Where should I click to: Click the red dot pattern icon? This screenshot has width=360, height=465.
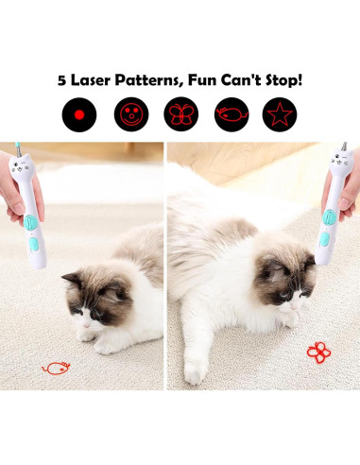pos(79,115)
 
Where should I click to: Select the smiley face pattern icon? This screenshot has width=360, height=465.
pos(131,115)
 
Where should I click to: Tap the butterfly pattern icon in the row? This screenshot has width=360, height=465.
pos(181,115)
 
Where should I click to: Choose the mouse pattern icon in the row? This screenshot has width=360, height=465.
pos(231,115)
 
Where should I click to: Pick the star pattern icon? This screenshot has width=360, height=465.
pos(282,115)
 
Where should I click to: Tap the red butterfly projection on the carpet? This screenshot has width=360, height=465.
pos(318,352)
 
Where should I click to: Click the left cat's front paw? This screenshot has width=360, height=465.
pos(87,333)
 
